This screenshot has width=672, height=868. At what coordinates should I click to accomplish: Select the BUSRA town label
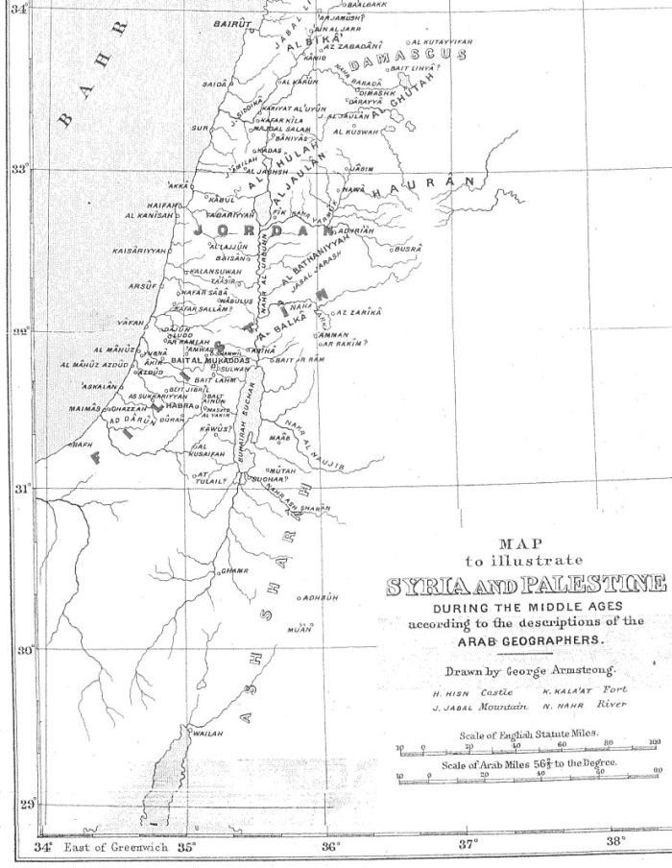(x=407, y=248)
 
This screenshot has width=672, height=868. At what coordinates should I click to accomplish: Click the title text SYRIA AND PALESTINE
(x=524, y=585)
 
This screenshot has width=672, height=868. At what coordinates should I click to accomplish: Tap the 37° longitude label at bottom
(x=468, y=844)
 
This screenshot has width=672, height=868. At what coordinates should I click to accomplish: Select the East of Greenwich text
(x=115, y=848)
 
